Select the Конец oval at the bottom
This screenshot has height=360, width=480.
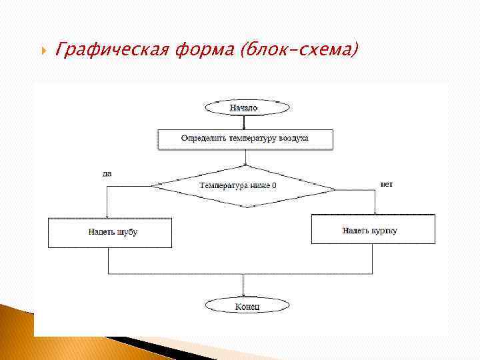click(247, 306)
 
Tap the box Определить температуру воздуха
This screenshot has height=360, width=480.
click(245, 139)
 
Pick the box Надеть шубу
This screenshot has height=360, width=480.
click(109, 232)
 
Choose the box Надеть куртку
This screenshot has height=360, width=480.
click(373, 230)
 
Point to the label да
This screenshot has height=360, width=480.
click(107, 173)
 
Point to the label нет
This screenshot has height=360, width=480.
click(386, 183)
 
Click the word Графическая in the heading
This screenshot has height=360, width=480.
click(114, 49)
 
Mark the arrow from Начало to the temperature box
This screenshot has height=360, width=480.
click(244, 122)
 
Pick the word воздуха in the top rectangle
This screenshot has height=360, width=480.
click(294, 139)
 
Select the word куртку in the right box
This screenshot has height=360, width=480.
click(385, 230)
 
